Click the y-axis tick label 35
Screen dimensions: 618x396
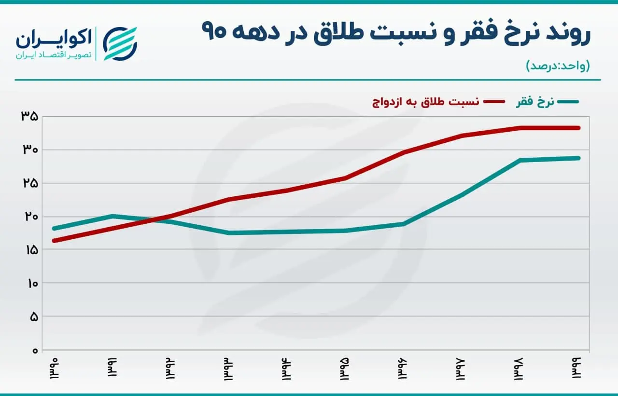tap(29, 116)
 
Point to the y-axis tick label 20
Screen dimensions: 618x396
tap(31, 217)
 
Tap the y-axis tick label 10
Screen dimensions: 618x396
tap(32, 283)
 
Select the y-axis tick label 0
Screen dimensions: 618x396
tap(35, 351)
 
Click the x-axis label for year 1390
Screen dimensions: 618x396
tap(55, 369)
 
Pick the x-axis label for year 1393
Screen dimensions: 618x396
tap(228, 369)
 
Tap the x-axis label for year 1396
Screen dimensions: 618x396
tap(403, 369)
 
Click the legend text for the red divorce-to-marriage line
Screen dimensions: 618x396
tap(425, 102)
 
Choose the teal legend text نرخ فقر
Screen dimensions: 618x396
tap(535, 102)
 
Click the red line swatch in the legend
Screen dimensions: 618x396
tap(494, 102)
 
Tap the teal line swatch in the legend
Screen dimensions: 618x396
tap(568, 102)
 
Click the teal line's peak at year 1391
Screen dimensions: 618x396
tap(112, 216)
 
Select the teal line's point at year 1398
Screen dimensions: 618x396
tap(520, 160)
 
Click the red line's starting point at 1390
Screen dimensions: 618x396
tap(55, 241)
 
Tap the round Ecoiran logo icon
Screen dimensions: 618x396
tap(120, 43)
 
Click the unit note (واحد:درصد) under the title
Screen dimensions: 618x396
tap(558, 66)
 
